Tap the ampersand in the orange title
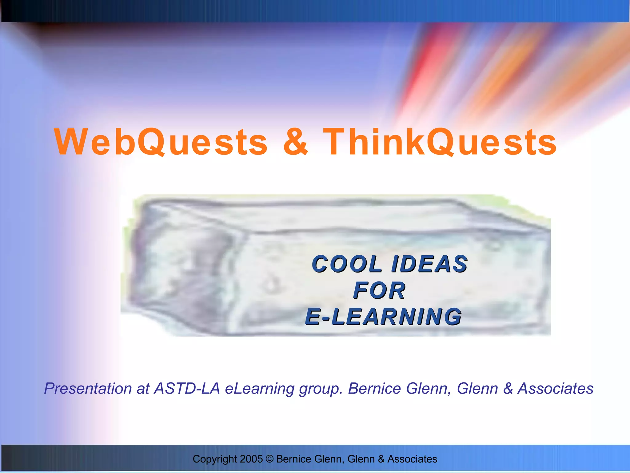[x=295, y=142]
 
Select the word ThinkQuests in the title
[x=440, y=142]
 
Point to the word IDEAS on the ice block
[x=429, y=264]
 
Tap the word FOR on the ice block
[x=379, y=291]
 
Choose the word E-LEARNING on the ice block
[x=383, y=317]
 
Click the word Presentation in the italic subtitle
[x=88, y=389]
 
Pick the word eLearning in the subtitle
[x=260, y=389]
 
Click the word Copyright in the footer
[x=215, y=459]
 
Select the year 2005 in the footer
[x=251, y=459]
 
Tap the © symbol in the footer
[x=269, y=459]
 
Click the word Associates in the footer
[x=412, y=459]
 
